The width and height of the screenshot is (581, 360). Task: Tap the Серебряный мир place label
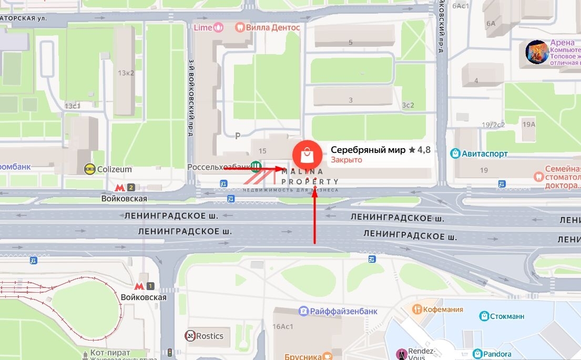point(368,150)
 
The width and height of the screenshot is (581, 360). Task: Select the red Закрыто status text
point(346,160)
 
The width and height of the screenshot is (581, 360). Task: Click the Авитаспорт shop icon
point(455,153)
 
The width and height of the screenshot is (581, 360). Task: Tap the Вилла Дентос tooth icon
point(240,27)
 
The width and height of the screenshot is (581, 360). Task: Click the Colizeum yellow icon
point(90,169)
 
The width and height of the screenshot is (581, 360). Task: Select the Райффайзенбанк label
point(343,311)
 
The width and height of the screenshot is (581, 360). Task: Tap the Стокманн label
point(507,316)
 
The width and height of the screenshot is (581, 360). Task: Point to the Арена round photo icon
point(537,52)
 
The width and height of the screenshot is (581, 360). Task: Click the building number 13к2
point(126,73)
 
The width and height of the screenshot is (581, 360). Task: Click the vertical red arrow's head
point(315,189)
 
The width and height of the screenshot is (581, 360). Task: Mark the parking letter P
point(238,136)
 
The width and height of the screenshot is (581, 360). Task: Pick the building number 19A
point(528,124)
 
